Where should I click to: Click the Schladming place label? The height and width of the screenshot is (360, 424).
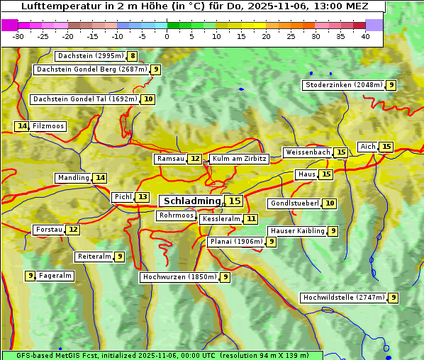pos(191,201)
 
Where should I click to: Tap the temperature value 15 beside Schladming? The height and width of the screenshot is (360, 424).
pos(234,201)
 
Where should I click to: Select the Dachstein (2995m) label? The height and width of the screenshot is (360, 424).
pos(90,56)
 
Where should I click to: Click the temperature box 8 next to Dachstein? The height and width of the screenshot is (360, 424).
pos(133,56)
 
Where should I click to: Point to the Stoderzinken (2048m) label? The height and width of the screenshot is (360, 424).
pos(343,85)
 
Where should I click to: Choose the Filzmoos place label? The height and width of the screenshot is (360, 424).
pos(48,126)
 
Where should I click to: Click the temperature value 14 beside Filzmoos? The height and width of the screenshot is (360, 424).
pos(22,126)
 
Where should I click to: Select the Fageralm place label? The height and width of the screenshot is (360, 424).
pos(55,276)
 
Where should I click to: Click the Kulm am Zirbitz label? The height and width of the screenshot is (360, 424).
pos(239,159)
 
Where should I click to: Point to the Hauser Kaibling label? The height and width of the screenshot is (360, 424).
pos(297,231)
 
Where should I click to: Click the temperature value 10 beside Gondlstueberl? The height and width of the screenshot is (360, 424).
pos(330,203)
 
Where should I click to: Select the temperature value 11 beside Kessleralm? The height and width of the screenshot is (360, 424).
pos(252,220)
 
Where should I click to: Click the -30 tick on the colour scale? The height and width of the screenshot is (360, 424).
pos(18,36)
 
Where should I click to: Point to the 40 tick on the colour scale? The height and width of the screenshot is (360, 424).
pos(365,36)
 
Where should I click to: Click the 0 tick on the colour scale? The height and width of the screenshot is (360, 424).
pos(167,36)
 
